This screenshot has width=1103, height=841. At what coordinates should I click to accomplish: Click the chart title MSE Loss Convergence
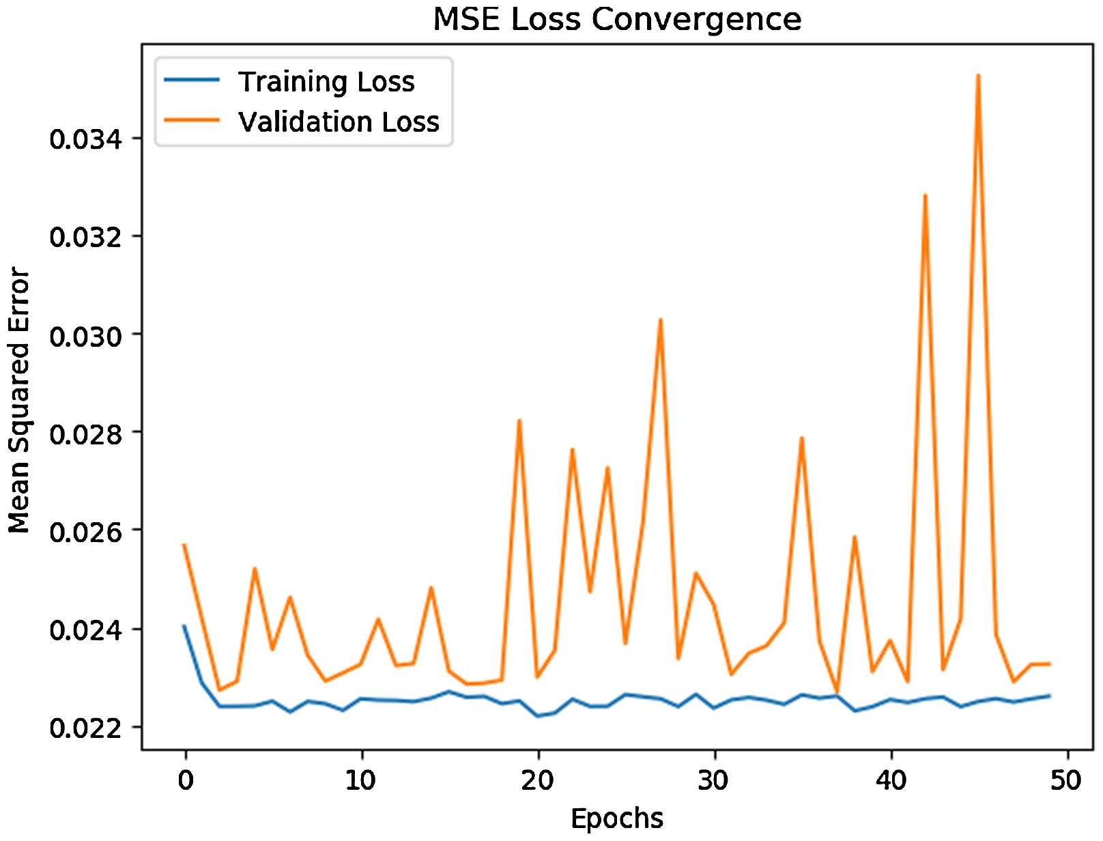coord(617,19)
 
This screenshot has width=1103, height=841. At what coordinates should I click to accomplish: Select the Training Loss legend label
coord(326,82)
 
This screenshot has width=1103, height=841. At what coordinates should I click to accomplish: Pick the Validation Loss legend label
coord(339,122)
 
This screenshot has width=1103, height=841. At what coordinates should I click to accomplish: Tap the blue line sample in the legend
coord(192,80)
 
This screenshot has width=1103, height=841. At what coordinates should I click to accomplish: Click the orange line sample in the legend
coord(192,120)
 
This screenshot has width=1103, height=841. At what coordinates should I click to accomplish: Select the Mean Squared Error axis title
coord(19,401)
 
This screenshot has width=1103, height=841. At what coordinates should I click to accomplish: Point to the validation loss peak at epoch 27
coord(661,319)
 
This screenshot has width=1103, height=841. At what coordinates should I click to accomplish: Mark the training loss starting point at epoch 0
coord(184,625)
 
